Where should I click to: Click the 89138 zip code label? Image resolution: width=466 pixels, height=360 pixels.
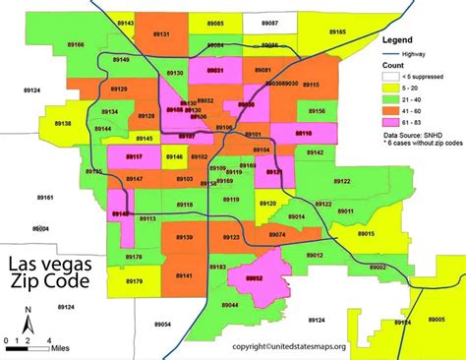[x=62, y=124]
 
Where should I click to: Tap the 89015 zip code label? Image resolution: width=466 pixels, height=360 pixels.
[x=366, y=234]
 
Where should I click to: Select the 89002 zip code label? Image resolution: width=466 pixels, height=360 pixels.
[x=376, y=267]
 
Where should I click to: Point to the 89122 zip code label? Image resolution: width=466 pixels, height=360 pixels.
[x=340, y=181]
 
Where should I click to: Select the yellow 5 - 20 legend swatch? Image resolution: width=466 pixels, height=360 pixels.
[x=392, y=88]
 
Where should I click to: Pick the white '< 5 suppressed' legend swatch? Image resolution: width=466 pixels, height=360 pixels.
[x=392, y=75]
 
